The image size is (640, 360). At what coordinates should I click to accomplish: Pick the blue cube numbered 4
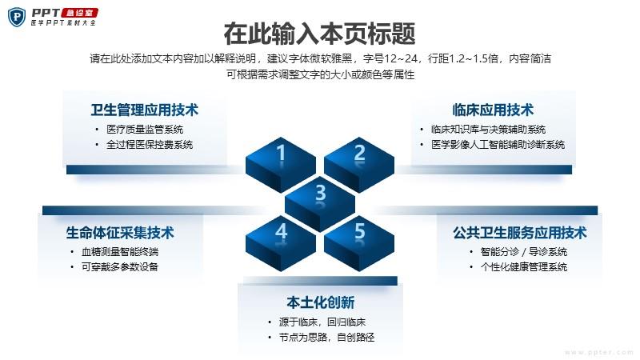point(281,243)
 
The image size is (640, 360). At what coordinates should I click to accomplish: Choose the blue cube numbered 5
point(359,243)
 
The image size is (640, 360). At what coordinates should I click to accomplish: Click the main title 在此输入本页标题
point(319,34)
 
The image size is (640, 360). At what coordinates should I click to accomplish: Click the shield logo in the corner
point(17,17)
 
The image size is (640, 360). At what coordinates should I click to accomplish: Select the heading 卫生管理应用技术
point(145,110)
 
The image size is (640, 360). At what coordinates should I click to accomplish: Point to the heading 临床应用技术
point(493,110)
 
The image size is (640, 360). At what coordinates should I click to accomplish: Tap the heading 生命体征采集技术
point(120,233)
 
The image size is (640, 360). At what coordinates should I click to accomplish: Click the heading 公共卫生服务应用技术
point(519,233)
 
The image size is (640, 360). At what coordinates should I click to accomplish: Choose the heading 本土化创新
point(321,302)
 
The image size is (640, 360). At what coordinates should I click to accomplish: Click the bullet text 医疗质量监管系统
point(145,130)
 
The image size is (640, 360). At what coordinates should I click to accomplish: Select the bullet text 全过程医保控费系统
point(150,145)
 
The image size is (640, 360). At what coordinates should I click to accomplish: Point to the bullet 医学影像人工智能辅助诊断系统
point(498,145)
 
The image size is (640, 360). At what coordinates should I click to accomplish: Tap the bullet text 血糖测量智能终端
point(120,252)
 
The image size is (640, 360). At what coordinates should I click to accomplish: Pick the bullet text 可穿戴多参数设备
point(120,267)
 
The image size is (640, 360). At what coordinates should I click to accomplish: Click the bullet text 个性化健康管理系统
point(524,267)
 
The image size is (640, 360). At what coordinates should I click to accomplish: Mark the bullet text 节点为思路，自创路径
point(326,338)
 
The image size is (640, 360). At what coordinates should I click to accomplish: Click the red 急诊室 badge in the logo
point(79,13)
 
